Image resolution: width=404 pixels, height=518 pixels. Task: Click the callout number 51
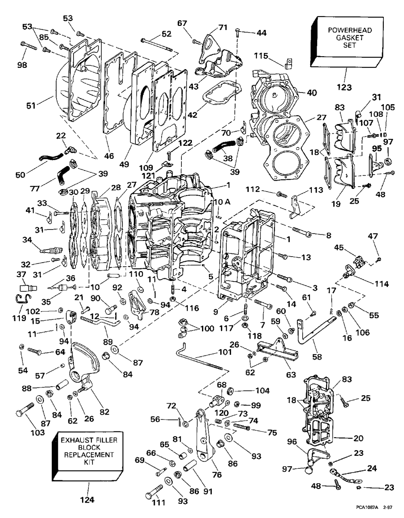pos(31,105)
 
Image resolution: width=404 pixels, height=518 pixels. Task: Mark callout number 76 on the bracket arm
pos(217,475)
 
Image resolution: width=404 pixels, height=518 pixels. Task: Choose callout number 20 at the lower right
pos(358,438)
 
